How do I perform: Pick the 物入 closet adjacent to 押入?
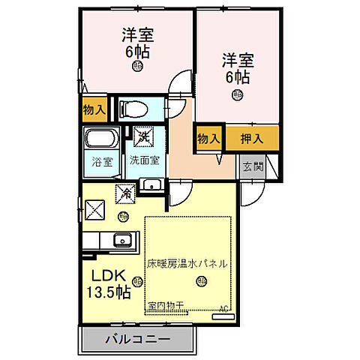pyautogui.click(x=208, y=138)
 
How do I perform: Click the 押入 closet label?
pyautogui.click(x=251, y=138)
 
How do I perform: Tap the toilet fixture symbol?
pyautogui.click(x=136, y=109)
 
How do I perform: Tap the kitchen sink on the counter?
pyautogui.click(x=121, y=241)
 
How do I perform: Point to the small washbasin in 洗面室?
pyautogui.click(x=152, y=185)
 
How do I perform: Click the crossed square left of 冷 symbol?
pyautogui.click(x=96, y=208)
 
